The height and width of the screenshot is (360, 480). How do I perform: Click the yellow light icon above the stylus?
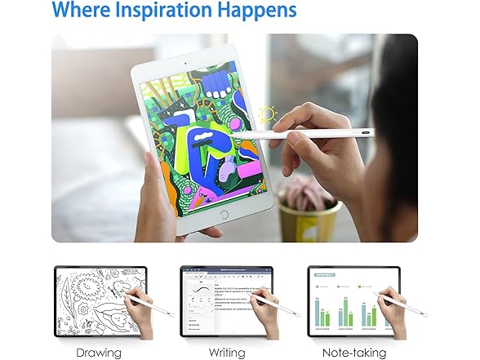tap(266, 115)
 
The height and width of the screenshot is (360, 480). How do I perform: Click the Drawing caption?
tap(99, 353)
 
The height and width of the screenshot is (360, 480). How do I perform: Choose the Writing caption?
tap(224, 353)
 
